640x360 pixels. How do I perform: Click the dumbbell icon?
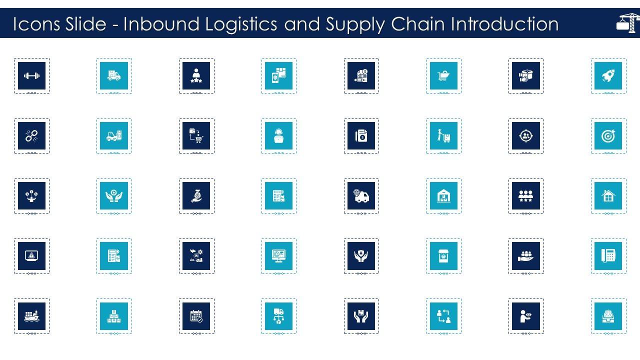coord(31,76)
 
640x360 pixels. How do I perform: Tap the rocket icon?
coord(608,76)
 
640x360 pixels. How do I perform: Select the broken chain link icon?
coord(31,136)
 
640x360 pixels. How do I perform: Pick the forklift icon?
coord(114,136)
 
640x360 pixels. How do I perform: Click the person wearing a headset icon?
coord(279,136)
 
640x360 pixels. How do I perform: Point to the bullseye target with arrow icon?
coord(608,136)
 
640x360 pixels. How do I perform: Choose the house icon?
coord(608,196)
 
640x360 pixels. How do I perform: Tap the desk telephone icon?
coord(608,256)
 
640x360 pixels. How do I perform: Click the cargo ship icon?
coord(31,316)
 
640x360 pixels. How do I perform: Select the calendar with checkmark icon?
coord(196,316)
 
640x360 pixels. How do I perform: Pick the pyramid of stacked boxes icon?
coord(114,316)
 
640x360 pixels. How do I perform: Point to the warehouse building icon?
coord(443,196)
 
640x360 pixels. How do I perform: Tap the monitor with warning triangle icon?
coord(31,256)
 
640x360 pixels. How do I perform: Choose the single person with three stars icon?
coord(196,76)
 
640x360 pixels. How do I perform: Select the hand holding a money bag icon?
coord(196,196)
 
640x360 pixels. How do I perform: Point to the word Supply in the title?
coord(356,24)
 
